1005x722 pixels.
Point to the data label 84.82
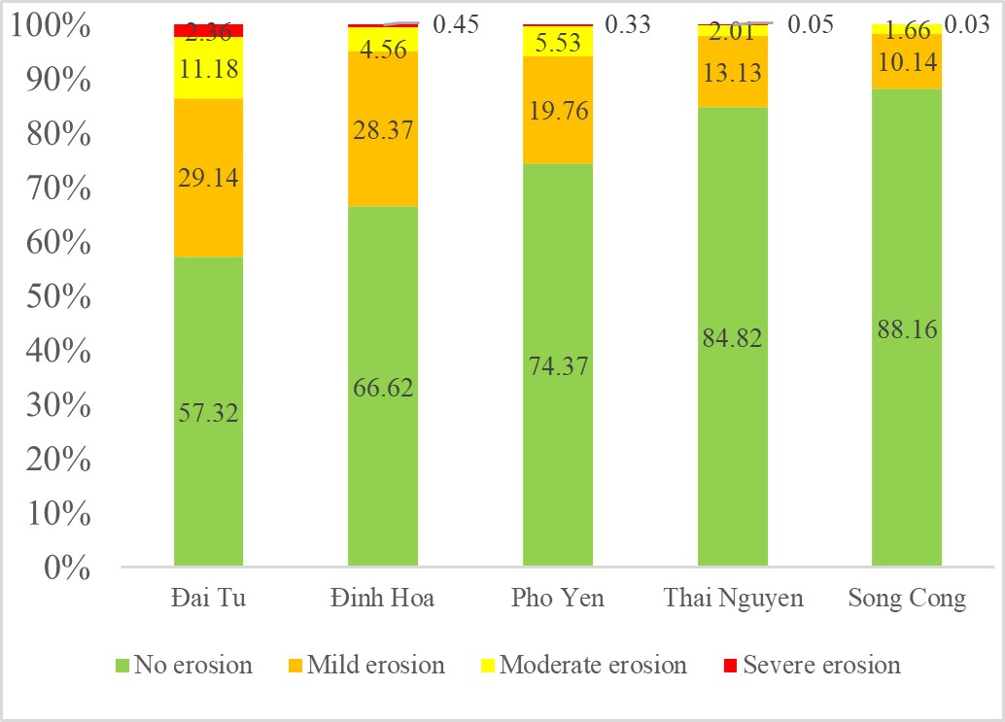(x=731, y=338)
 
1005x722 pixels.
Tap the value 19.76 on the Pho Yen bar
(x=557, y=109)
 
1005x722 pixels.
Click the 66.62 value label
(x=382, y=388)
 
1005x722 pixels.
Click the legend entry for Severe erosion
(x=821, y=666)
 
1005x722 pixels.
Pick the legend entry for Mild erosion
(x=375, y=666)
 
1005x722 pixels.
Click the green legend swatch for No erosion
(x=121, y=666)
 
